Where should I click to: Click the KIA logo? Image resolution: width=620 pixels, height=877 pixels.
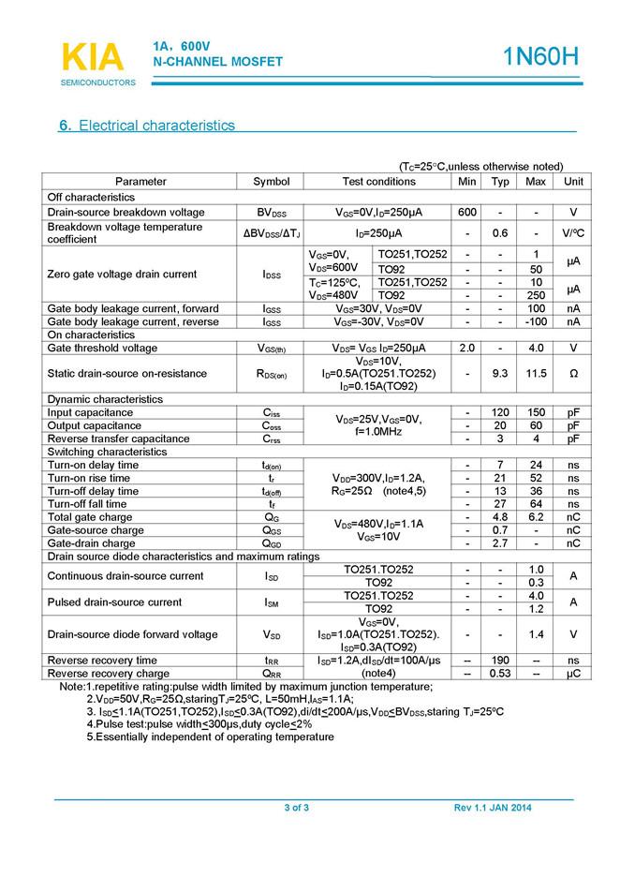(93, 58)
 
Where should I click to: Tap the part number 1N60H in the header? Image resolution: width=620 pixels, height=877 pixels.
(541, 57)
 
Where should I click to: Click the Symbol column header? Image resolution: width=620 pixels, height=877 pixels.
(272, 181)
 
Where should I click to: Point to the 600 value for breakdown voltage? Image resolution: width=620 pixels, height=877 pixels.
(467, 212)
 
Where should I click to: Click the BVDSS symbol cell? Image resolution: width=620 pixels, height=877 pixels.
(272, 213)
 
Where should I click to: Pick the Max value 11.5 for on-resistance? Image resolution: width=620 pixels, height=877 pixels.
(535, 373)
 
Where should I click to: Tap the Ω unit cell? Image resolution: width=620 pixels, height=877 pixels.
(573, 373)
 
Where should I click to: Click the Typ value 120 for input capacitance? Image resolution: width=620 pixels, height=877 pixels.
(501, 412)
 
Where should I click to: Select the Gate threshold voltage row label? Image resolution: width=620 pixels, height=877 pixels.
(103, 348)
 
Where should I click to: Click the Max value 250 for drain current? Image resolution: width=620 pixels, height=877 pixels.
(535, 295)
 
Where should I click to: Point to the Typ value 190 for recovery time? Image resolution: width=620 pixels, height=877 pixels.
(501, 660)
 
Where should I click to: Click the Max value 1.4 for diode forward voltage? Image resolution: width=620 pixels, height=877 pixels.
(535, 633)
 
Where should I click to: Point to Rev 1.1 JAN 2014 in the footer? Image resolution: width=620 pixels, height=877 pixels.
(492, 808)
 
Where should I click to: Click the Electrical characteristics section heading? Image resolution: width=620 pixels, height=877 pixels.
(147, 126)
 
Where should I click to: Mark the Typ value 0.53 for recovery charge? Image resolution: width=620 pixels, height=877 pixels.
(501, 673)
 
